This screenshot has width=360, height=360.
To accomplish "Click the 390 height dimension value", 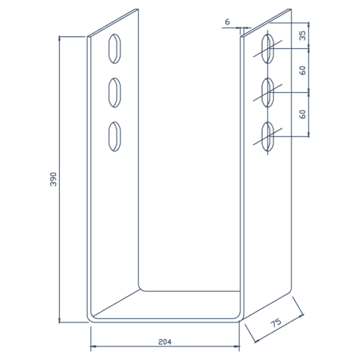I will coord(53,179).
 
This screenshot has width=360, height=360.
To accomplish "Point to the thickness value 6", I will coord(228,22).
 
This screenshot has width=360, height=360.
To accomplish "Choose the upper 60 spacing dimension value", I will coord(303,71).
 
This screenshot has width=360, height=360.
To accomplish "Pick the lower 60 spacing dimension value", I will coord(303,113).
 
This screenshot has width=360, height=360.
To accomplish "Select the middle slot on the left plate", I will coord(114,92).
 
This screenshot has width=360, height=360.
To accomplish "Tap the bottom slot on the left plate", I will coord(114,136).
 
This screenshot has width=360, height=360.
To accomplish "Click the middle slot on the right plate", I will coord(267,92).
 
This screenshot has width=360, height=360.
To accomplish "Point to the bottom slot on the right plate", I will coord(267,135).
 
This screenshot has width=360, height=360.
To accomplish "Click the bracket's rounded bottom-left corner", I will coord(91,317).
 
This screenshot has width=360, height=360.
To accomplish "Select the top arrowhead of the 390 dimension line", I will coord(60,39).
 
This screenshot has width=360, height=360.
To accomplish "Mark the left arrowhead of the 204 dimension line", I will coord(91,346).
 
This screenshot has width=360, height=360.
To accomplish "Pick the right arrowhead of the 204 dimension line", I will coord(240,346).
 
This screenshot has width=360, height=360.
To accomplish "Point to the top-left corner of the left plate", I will coord(88,37).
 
